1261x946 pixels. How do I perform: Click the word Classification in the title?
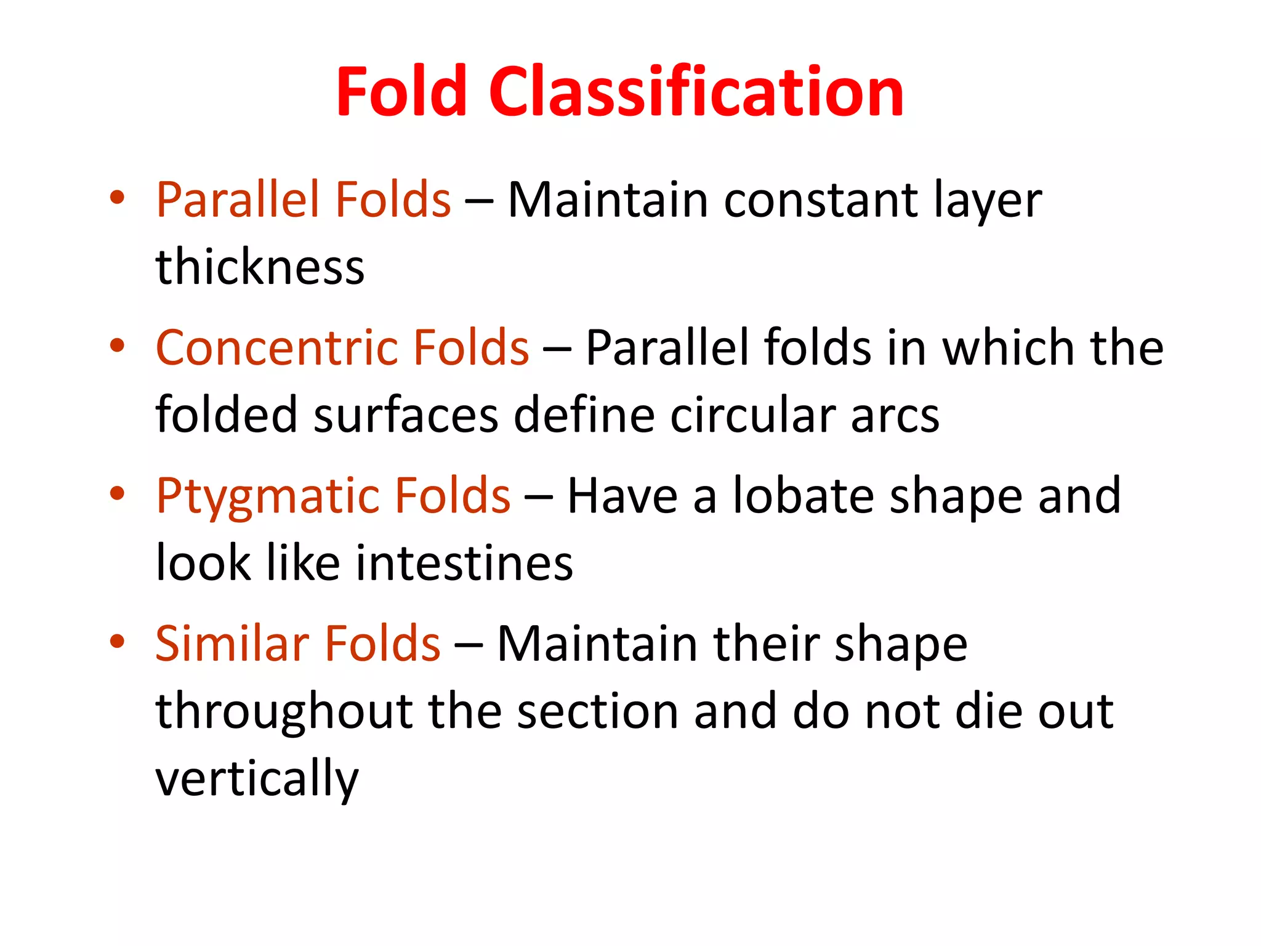pos(696,92)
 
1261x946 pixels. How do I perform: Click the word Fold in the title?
pos(401,92)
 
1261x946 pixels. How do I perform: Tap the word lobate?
pos(804,496)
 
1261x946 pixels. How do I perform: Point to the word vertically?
pos(257,780)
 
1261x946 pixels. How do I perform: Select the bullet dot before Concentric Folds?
pos(117,346)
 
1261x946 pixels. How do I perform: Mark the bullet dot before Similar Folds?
pos(117,641)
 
